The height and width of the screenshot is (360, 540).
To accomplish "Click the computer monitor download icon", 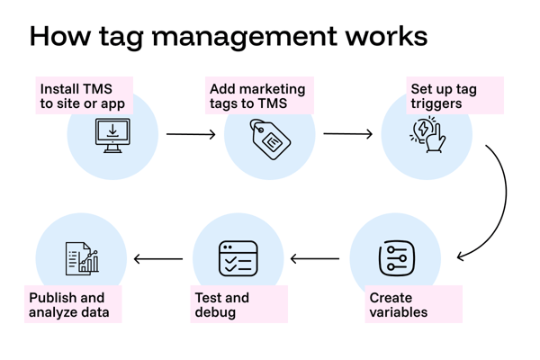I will tap(112, 136).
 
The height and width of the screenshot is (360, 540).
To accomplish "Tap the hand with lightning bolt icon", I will tap(427, 135).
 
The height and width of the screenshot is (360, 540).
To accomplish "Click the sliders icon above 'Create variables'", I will tap(396, 258).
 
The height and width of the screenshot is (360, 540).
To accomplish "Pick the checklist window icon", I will tap(238, 258).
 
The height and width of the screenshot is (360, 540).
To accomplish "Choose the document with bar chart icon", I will tap(82, 258).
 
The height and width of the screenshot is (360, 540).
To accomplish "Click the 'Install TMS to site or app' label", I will tap(83, 96).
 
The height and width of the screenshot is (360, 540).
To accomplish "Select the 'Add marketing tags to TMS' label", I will tap(257, 96).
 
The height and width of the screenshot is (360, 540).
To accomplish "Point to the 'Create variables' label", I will tap(399, 305).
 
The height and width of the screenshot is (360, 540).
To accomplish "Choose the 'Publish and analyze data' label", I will tap(69, 305).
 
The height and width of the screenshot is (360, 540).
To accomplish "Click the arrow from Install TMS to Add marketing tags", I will tap(191, 135).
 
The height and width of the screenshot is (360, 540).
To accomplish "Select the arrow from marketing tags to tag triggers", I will tap(348, 135).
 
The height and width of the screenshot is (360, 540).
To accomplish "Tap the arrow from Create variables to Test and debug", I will tap(315, 260).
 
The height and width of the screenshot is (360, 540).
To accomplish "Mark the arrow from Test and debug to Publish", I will tap(158, 260).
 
